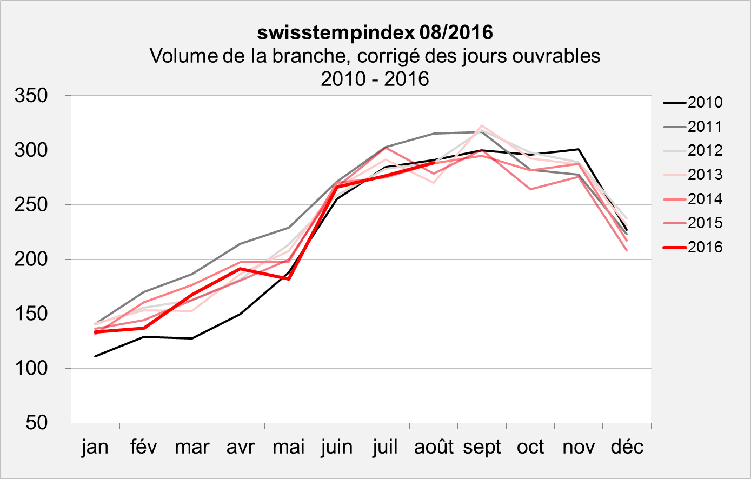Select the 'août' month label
coord(434,448)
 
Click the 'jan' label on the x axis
coord(95,448)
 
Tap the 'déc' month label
coord(627,448)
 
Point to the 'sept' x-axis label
coord(482,448)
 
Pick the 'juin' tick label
coord(337,448)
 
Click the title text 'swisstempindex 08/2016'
coord(375,33)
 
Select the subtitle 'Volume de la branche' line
coord(375,56)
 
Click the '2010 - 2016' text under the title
coord(375,79)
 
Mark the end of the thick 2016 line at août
coord(434,162)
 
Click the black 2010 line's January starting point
coord(95,356)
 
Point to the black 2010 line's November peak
coord(579,149)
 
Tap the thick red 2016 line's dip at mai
coord(289,279)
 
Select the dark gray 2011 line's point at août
coord(434,134)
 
